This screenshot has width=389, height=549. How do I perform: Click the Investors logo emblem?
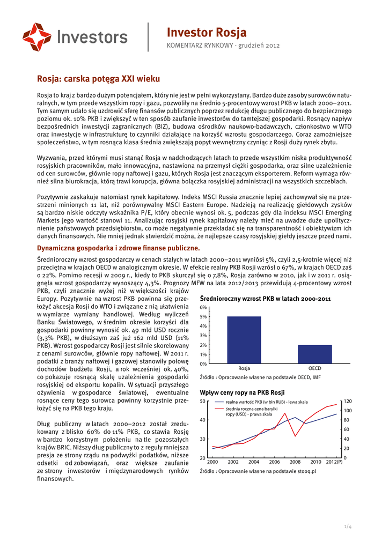point(36,37)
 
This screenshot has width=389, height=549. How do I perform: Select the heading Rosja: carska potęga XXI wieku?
point(98,79)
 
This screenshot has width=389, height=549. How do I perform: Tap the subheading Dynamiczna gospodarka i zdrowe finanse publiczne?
point(118,248)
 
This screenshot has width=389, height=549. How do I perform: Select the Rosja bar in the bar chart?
point(244,340)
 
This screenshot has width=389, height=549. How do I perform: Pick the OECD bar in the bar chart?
point(315,354)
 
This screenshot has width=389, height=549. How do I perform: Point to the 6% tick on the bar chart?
point(203,307)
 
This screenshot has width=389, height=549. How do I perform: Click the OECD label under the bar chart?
point(315,369)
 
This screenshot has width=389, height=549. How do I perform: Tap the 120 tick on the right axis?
point(347,401)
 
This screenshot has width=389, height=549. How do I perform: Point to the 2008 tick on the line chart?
point(295,462)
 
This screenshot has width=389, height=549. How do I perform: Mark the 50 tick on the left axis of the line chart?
point(202,401)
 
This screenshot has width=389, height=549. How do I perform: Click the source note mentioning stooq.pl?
point(258,471)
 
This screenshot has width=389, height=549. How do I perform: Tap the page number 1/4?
point(347,527)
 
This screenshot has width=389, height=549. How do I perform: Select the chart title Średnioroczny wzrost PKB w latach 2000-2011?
point(265,298)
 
